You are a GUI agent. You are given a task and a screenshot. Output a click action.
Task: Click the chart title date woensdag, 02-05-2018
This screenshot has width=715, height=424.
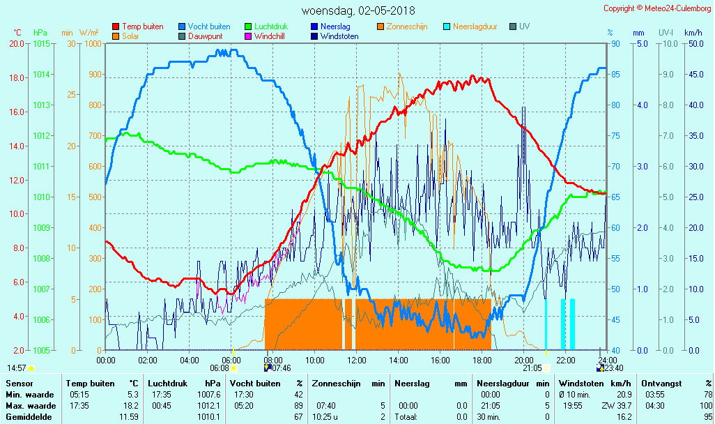[358, 10]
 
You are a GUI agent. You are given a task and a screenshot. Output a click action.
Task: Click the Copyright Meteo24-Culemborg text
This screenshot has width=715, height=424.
[658, 8]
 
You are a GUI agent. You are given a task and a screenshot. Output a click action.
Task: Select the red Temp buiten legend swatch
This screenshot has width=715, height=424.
[116, 26]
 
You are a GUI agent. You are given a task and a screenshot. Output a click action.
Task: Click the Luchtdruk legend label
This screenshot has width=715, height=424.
[270, 26]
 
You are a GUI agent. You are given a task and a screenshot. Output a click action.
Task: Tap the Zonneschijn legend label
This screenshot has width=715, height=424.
[407, 26]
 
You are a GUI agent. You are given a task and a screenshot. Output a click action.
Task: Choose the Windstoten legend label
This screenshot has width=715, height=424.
[339, 36]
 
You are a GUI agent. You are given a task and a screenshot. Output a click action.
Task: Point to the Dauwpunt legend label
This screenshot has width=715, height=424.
[204, 36]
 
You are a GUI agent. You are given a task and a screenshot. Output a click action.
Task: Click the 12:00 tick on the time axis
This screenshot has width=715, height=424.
[357, 360]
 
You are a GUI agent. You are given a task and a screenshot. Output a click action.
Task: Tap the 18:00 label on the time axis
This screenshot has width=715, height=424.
[482, 360]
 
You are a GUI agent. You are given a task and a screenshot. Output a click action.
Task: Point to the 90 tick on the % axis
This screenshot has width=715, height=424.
[615, 43]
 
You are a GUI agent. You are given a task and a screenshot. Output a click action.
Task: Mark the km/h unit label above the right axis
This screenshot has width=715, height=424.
[693, 33]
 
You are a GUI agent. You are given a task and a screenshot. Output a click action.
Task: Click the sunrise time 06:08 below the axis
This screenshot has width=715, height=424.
[220, 368]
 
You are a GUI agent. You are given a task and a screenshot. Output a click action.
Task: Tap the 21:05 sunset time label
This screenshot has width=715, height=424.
[532, 368]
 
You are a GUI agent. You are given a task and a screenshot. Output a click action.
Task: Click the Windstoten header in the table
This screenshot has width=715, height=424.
[580, 383]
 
